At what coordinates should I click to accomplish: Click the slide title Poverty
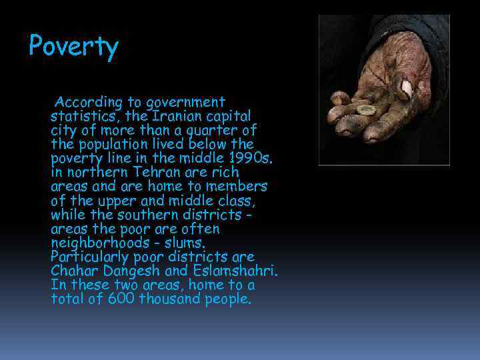73,47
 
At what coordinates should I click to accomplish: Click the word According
89,103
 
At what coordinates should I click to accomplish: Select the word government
188,103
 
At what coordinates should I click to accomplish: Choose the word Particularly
85,257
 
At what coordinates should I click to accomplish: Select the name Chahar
73,271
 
